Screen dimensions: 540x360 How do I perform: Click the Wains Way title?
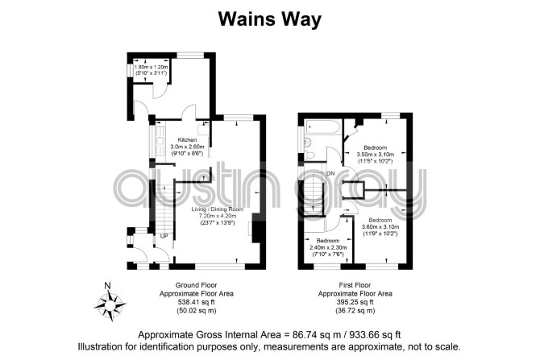270,19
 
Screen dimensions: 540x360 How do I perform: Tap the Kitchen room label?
187,140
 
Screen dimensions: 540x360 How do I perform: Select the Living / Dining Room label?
218,209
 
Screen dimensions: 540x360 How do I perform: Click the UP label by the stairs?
164,237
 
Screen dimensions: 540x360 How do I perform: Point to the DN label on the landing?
330,173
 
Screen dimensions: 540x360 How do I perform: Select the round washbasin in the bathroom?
307,142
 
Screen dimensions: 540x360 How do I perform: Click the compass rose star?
110,305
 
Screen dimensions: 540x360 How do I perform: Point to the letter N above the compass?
108,285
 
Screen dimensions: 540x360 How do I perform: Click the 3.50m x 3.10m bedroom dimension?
376,154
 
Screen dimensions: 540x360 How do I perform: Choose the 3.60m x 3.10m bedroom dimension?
380,226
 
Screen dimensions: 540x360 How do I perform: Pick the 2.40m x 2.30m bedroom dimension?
328,247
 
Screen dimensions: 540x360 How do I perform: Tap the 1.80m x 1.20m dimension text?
152,67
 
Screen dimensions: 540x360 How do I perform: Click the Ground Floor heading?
197,285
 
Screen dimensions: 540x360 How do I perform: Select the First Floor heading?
355,285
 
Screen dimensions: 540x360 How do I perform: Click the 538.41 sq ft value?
197,302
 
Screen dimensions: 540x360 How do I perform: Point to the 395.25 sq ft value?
355,302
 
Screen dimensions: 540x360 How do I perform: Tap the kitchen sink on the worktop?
160,141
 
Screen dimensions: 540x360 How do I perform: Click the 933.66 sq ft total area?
376,334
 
